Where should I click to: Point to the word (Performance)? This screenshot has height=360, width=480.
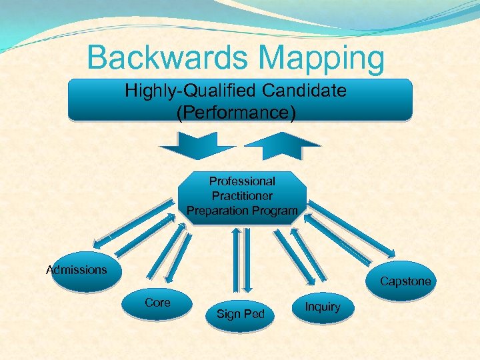click(x=236, y=112)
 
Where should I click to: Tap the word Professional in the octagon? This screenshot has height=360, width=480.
click(x=242, y=181)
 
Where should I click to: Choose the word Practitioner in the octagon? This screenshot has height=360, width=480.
click(x=242, y=196)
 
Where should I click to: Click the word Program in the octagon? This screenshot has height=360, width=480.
click(x=274, y=211)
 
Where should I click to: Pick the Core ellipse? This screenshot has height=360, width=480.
click(x=158, y=304)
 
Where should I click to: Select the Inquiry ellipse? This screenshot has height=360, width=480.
click(x=323, y=307)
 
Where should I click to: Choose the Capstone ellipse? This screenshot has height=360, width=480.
click(x=405, y=281)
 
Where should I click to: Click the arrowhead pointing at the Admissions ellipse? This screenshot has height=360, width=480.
click(x=99, y=243)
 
